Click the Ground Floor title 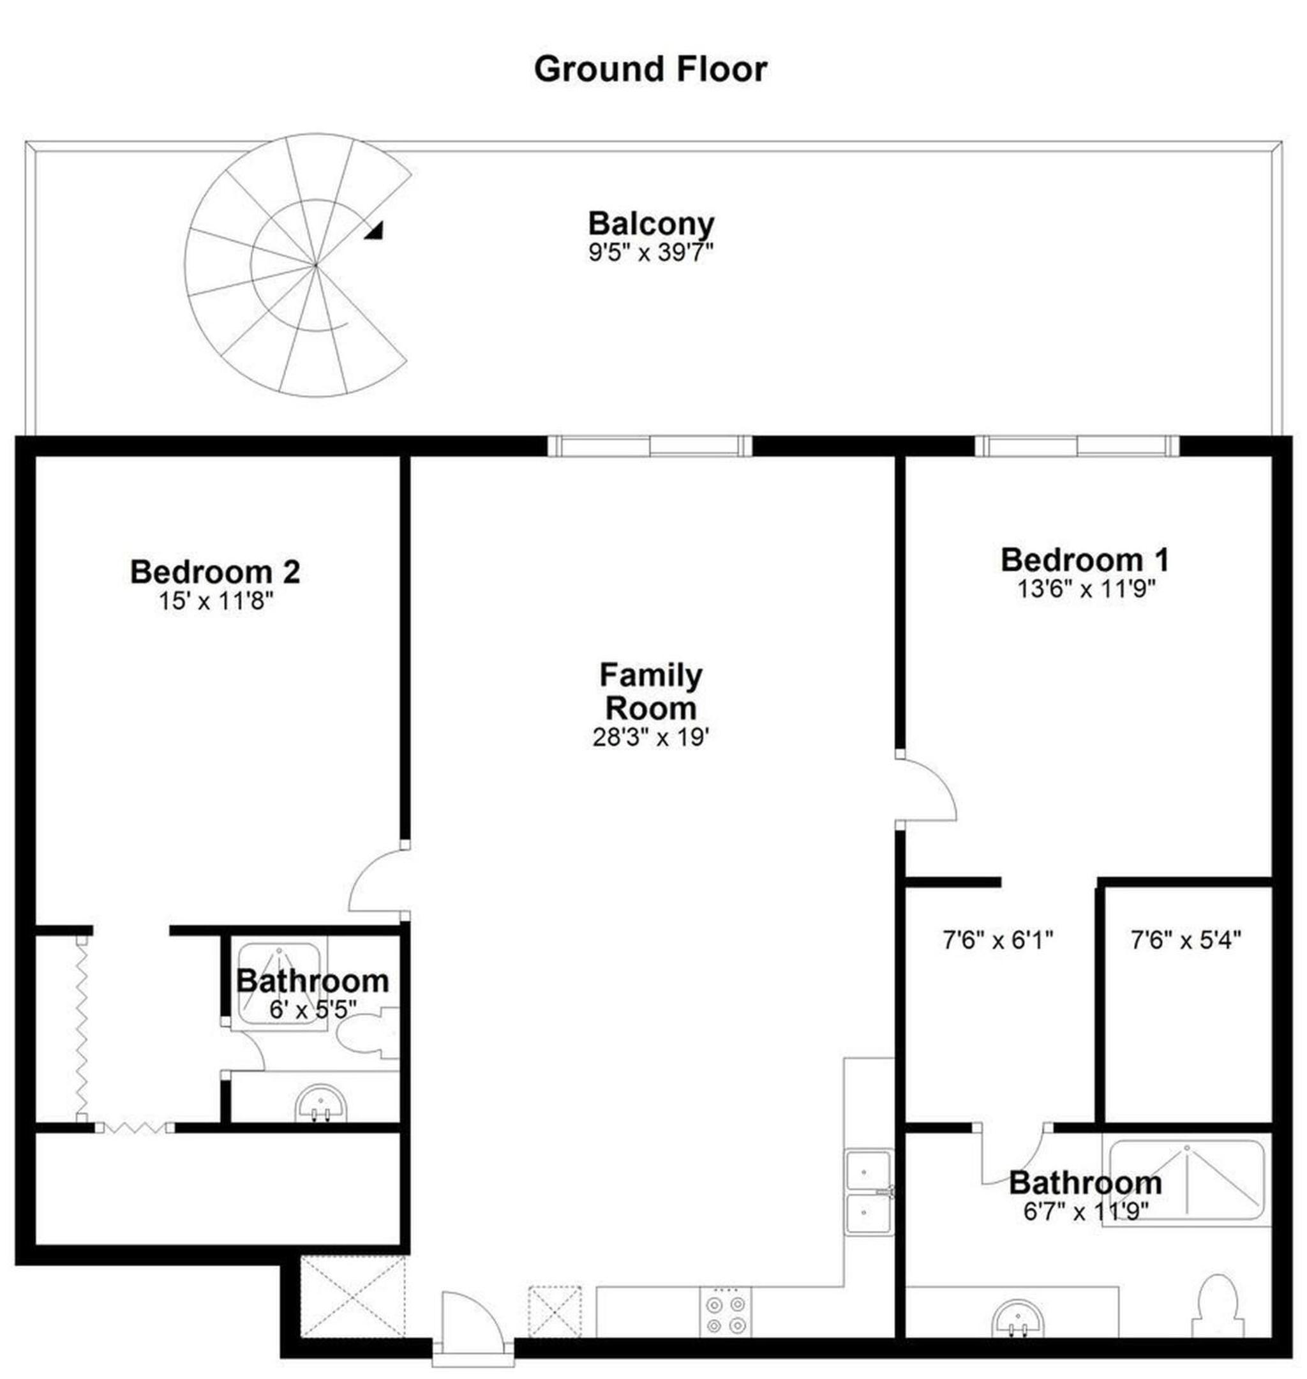[650, 70]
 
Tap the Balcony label [651, 224]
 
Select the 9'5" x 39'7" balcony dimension [651, 252]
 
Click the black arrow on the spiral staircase [375, 231]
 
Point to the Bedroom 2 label [215, 571]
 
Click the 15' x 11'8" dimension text [215, 601]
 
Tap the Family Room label [651, 691]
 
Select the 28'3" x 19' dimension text [651, 737]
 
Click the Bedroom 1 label [1085, 559]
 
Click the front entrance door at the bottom [472, 1317]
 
